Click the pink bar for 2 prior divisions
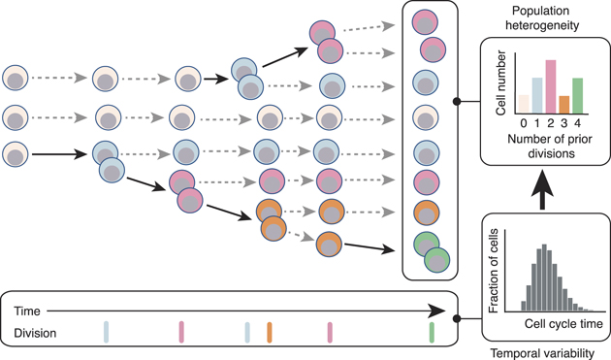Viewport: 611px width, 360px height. point(551,86)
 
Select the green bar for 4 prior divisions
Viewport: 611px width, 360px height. point(577,95)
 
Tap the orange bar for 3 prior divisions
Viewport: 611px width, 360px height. point(563,104)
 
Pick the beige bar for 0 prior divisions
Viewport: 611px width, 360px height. point(524,103)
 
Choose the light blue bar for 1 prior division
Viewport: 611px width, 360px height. point(537,95)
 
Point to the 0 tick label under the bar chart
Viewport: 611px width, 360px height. point(524,122)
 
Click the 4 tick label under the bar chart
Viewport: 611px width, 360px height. point(577,122)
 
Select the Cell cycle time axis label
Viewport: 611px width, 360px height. point(556,324)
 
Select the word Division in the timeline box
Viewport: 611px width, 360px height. point(35,333)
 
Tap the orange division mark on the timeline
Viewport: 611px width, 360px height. point(270,333)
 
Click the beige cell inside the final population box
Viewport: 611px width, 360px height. point(424,117)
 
